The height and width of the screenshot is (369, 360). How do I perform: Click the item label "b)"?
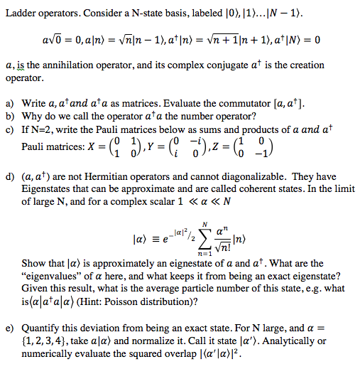tap(11, 117)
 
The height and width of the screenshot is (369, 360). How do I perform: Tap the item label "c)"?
tap(11, 129)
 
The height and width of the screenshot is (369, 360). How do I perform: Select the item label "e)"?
tap(11, 330)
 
